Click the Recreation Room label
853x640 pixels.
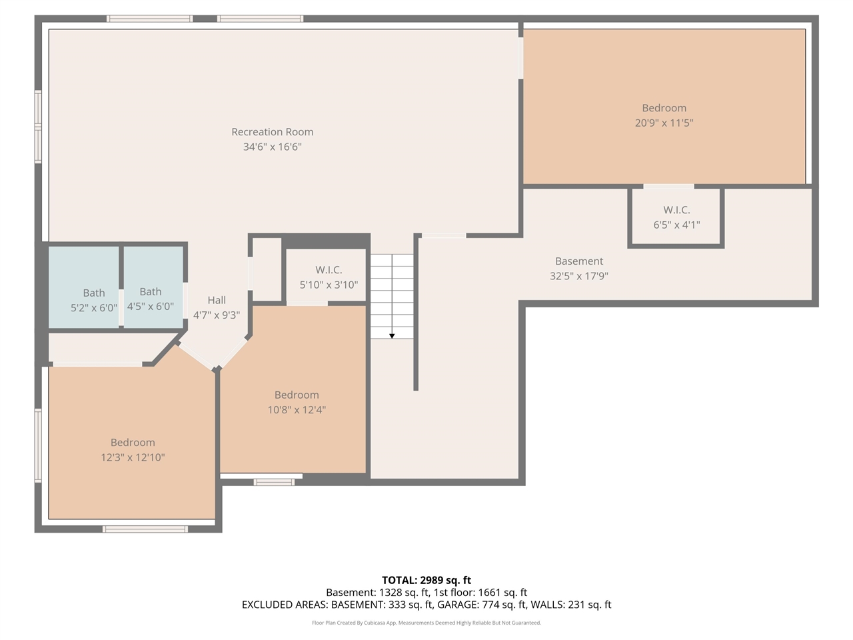click(x=272, y=132)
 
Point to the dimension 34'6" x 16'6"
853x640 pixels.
click(x=272, y=147)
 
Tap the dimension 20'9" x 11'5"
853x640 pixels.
click(x=664, y=123)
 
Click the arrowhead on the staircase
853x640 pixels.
click(x=392, y=335)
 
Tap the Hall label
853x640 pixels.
click(x=217, y=300)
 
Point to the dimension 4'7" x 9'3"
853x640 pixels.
click(x=217, y=315)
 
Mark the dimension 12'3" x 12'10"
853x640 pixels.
click(x=133, y=457)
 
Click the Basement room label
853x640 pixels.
click(x=579, y=261)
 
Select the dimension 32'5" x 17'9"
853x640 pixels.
click(x=579, y=276)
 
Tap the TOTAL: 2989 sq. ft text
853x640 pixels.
click(x=426, y=580)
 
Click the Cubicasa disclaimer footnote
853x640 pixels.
click(x=426, y=623)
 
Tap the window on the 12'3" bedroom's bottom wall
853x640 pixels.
click(x=145, y=529)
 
